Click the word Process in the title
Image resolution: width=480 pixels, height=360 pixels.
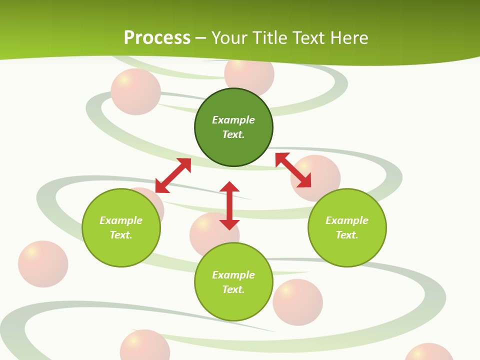coord(157,38)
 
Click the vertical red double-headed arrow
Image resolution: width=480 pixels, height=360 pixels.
coord(229,205)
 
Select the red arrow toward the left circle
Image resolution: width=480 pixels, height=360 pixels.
coord(173,175)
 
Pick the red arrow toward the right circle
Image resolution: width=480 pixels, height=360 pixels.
coord(293,170)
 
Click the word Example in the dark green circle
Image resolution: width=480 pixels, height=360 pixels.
coord(233,120)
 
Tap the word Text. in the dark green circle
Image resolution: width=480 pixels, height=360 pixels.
coord(233,134)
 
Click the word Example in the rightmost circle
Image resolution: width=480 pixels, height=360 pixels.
coord(347,220)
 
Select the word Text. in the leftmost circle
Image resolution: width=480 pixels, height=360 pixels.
coord(121,235)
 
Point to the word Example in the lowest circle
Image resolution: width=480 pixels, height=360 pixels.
coord(233,275)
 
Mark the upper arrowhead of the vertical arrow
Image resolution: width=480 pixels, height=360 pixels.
coord(229,186)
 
